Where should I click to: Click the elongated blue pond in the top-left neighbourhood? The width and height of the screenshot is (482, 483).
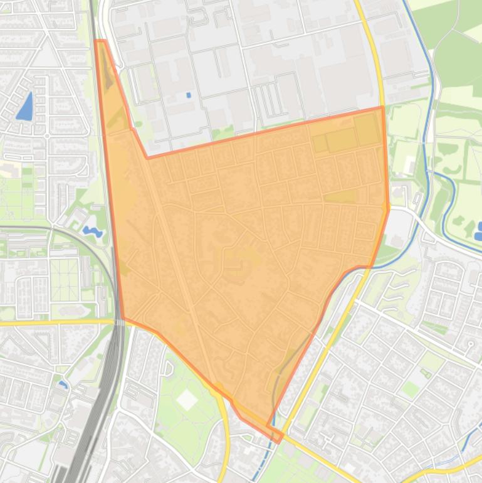point(25,107)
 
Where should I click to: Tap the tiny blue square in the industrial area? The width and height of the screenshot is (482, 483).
point(189,95)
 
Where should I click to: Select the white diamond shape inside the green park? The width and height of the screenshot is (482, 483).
point(187,400)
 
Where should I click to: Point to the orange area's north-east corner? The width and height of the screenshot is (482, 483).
point(382,107)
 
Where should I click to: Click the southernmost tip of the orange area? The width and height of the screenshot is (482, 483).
point(279,442)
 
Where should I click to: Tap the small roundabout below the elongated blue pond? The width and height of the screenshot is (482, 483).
point(48,136)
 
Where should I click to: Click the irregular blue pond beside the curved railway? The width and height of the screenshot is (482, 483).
point(92,232)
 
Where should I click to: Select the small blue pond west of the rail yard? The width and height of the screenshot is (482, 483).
point(63,384)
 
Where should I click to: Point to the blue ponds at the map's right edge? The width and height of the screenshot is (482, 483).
point(478,231)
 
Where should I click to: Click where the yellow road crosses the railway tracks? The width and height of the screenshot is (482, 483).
point(118,321)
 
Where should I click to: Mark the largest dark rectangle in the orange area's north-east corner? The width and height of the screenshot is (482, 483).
point(367,129)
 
